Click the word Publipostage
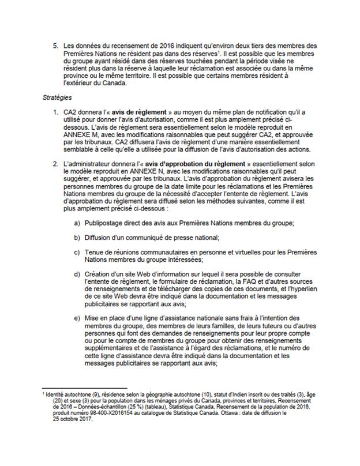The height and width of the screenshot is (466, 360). point(103,223)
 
